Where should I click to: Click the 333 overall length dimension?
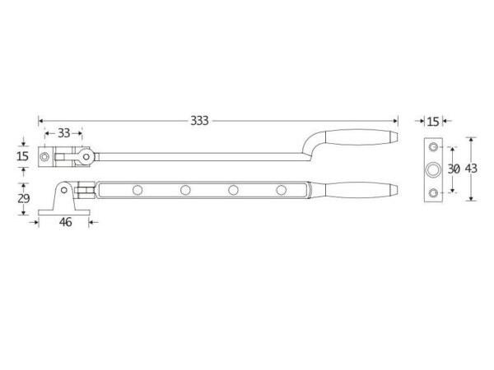199,121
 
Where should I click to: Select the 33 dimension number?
63,133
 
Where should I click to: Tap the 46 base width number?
65,222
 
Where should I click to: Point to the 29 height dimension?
23,198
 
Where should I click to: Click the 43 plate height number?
471,169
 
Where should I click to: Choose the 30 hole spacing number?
454,169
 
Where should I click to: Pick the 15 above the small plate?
433,122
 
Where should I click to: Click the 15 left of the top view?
23,156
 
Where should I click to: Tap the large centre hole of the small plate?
434,169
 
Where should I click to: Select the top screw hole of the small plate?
434,146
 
